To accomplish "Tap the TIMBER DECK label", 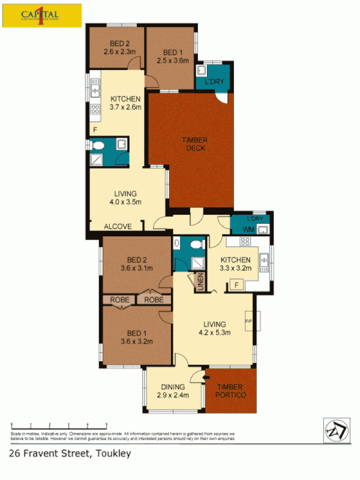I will click(196, 144).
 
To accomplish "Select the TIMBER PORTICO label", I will click(231, 391).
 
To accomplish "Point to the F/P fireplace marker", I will click(248, 321).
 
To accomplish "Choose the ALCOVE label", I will click(114, 227).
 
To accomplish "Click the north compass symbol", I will click(336, 429).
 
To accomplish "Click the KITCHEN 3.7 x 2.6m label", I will click(125, 103).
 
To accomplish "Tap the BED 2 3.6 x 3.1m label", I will click(137, 264).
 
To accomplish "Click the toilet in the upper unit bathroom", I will click(98, 145).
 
